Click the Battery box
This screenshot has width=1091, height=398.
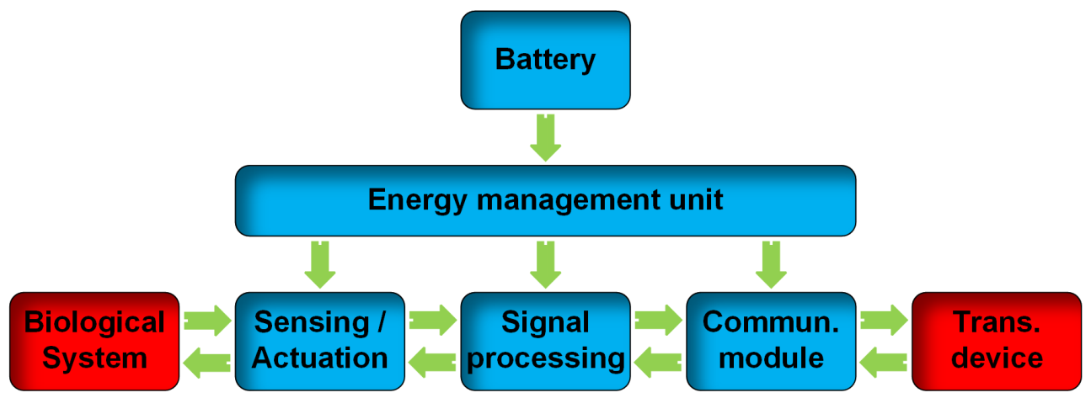point(545,60)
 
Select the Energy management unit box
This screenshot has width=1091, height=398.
point(545,200)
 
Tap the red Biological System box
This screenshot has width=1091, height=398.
point(94,340)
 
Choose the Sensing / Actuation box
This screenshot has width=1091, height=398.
point(320,340)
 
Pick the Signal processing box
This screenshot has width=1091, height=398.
point(545,340)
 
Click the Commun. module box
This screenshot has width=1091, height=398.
point(771,340)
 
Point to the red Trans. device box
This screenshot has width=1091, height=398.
point(997,340)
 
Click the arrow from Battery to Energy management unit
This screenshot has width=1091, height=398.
point(545,138)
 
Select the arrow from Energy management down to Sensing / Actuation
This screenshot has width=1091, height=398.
point(320,265)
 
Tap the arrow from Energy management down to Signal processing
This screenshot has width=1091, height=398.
point(545,265)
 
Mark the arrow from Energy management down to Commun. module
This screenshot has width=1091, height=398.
point(771,265)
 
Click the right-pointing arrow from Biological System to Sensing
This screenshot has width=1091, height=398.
point(207,320)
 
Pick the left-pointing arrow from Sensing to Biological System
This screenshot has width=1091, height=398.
point(207,362)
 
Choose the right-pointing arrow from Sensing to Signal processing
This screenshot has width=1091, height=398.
point(432,320)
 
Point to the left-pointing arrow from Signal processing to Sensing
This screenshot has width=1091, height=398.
point(432,362)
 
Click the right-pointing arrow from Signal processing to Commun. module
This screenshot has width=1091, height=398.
point(658,320)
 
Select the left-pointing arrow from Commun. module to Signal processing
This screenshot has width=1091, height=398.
point(658,362)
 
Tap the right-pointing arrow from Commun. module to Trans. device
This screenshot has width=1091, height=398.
point(884,320)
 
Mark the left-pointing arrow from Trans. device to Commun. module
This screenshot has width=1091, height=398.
point(884,362)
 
